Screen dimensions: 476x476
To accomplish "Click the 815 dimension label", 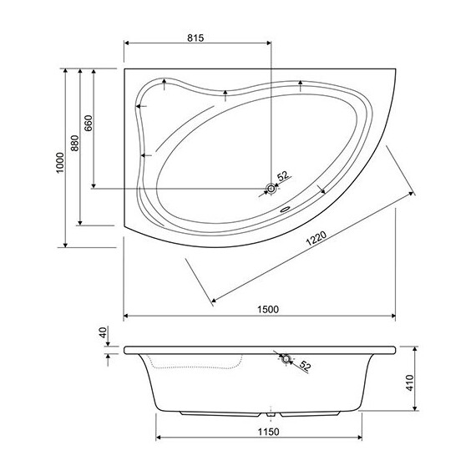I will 195,37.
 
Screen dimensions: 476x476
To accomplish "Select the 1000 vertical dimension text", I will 59,160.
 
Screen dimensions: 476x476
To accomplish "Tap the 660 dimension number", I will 89,124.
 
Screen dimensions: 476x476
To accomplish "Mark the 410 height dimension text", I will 409,383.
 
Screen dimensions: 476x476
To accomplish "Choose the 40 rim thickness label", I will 103,332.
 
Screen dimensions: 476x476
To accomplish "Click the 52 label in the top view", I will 282,176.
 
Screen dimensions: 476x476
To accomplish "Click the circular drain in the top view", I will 270,190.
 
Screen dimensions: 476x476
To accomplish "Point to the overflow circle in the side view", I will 286,359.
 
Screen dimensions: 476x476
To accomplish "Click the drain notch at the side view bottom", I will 272,412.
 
